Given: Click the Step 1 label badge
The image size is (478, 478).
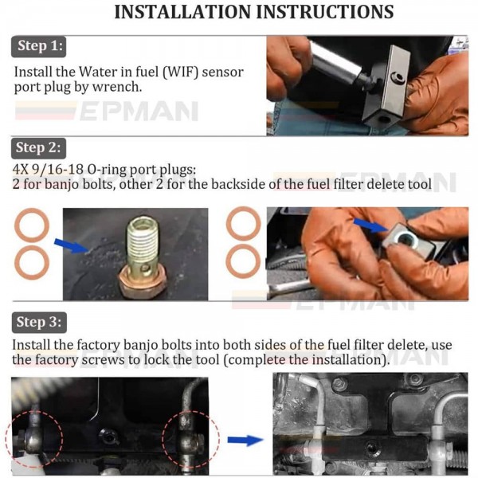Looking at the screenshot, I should coord(38,46).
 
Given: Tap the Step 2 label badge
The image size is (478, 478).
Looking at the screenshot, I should coord(38,147).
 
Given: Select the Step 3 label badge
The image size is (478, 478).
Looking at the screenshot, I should coord(38,323).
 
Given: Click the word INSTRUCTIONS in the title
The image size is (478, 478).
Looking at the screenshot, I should coord(324,12).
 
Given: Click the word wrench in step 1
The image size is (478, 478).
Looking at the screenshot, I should coord(119,88).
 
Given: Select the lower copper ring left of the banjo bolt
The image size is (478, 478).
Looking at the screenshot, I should coord(32,261).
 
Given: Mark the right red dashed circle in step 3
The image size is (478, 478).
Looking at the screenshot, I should coord(186,436).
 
